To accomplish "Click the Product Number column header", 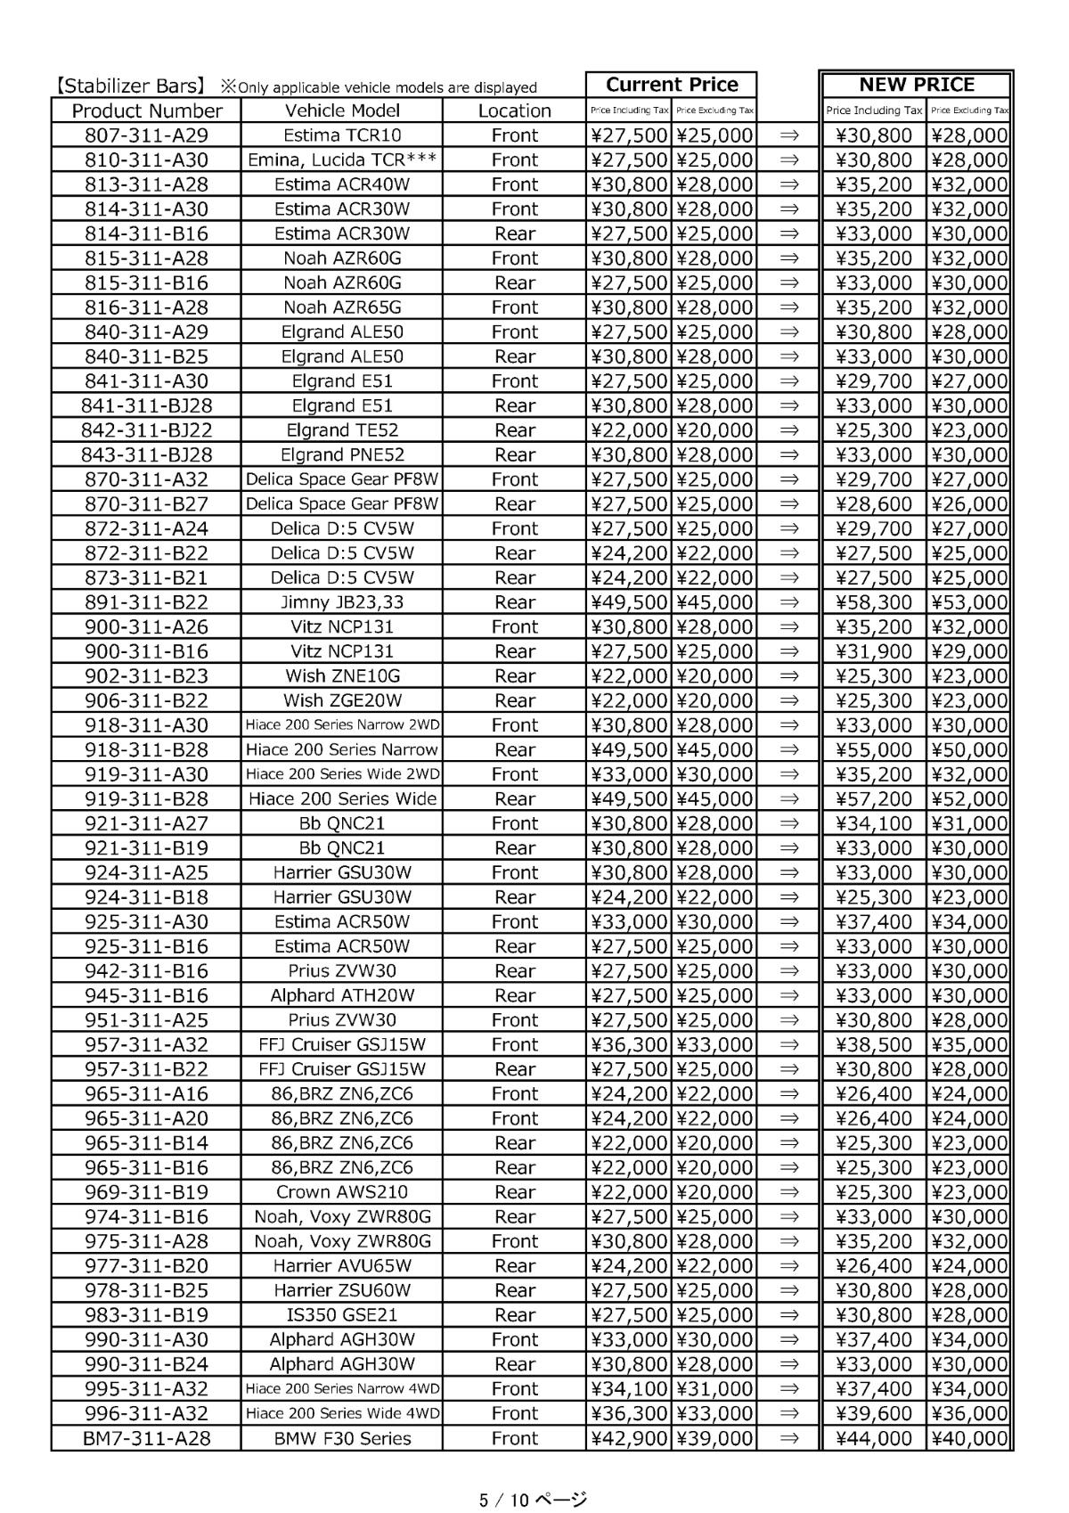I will click(x=146, y=110).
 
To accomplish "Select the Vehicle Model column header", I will click(x=342, y=110).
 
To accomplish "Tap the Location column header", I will click(x=514, y=110).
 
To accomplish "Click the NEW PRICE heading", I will click(x=916, y=85).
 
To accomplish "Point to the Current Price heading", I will click(x=672, y=85).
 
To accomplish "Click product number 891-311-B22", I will click(x=146, y=602).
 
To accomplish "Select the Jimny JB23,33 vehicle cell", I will click(x=342, y=602).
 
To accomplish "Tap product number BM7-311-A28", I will click(x=146, y=1438).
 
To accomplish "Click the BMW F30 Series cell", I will click(x=342, y=1438).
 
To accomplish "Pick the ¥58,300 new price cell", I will click(x=874, y=602).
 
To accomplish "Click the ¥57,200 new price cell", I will click(x=874, y=799).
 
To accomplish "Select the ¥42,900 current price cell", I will click(x=629, y=1438).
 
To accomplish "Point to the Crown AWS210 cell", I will click(x=342, y=1192).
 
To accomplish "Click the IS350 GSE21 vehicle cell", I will click(x=342, y=1315).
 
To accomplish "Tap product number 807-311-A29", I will click(x=146, y=135).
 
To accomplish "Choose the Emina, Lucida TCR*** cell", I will click(x=342, y=160).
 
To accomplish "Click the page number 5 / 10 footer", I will click(x=533, y=1500).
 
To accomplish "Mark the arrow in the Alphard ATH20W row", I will click(x=788, y=996).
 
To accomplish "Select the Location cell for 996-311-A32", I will click(x=514, y=1413).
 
